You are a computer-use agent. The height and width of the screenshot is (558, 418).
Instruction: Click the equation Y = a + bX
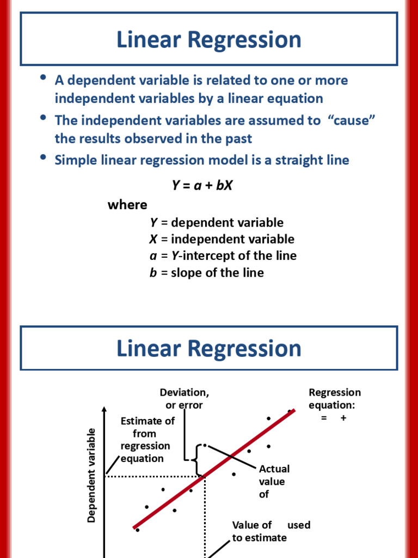click(x=202, y=185)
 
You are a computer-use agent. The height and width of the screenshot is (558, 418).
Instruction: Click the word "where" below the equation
click(x=127, y=205)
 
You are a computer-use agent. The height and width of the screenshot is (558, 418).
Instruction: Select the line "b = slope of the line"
click(x=206, y=272)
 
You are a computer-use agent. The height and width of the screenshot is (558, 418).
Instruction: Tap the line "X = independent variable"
click(x=222, y=239)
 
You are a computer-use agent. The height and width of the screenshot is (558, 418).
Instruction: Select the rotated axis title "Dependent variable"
click(x=91, y=475)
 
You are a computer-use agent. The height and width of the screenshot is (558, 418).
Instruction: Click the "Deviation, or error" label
click(x=184, y=399)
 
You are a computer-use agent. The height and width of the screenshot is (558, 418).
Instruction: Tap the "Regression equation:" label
click(x=334, y=399)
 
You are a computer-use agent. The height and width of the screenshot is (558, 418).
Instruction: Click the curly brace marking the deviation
click(x=196, y=459)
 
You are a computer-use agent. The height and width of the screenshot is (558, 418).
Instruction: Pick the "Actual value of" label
click(x=274, y=481)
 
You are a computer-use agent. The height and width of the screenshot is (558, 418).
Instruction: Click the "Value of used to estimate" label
click(x=271, y=531)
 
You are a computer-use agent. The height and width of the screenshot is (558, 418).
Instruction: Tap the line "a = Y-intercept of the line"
click(x=223, y=256)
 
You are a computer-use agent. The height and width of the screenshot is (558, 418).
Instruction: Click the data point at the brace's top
click(x=204, y=445)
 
